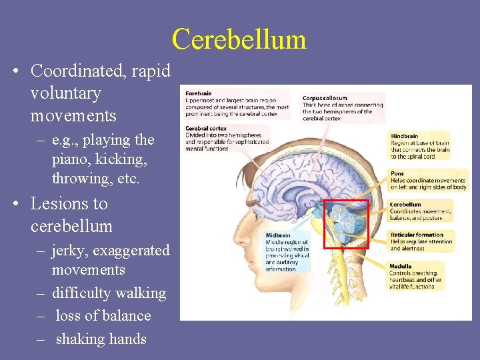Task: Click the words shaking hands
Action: pos(101,339)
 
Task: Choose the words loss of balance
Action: pos(103,316)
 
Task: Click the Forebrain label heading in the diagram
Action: pos(199,94)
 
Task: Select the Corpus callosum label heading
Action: pos(325,98)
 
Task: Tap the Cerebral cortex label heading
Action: pos(206,128)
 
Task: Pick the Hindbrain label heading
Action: pos(404,137)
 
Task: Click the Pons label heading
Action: pos(397,174)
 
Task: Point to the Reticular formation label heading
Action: pos(417,235)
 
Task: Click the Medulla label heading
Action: pos(401,266)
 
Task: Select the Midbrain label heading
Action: pos(278,235)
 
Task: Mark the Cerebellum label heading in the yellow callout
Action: pos(405,205)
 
